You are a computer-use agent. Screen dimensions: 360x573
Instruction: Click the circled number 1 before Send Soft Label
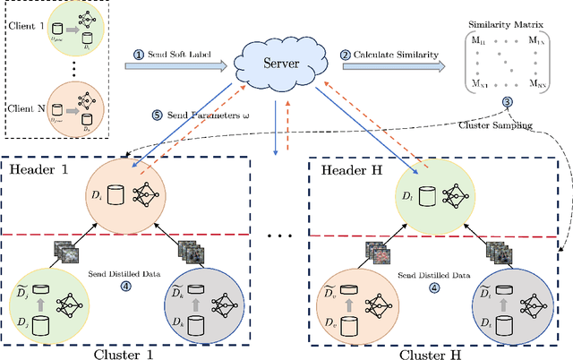(x=139, y=54)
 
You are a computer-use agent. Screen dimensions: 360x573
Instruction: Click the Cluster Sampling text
(x=506, y=114)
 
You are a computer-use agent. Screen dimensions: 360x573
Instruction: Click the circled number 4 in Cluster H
(x=433, y=288)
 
